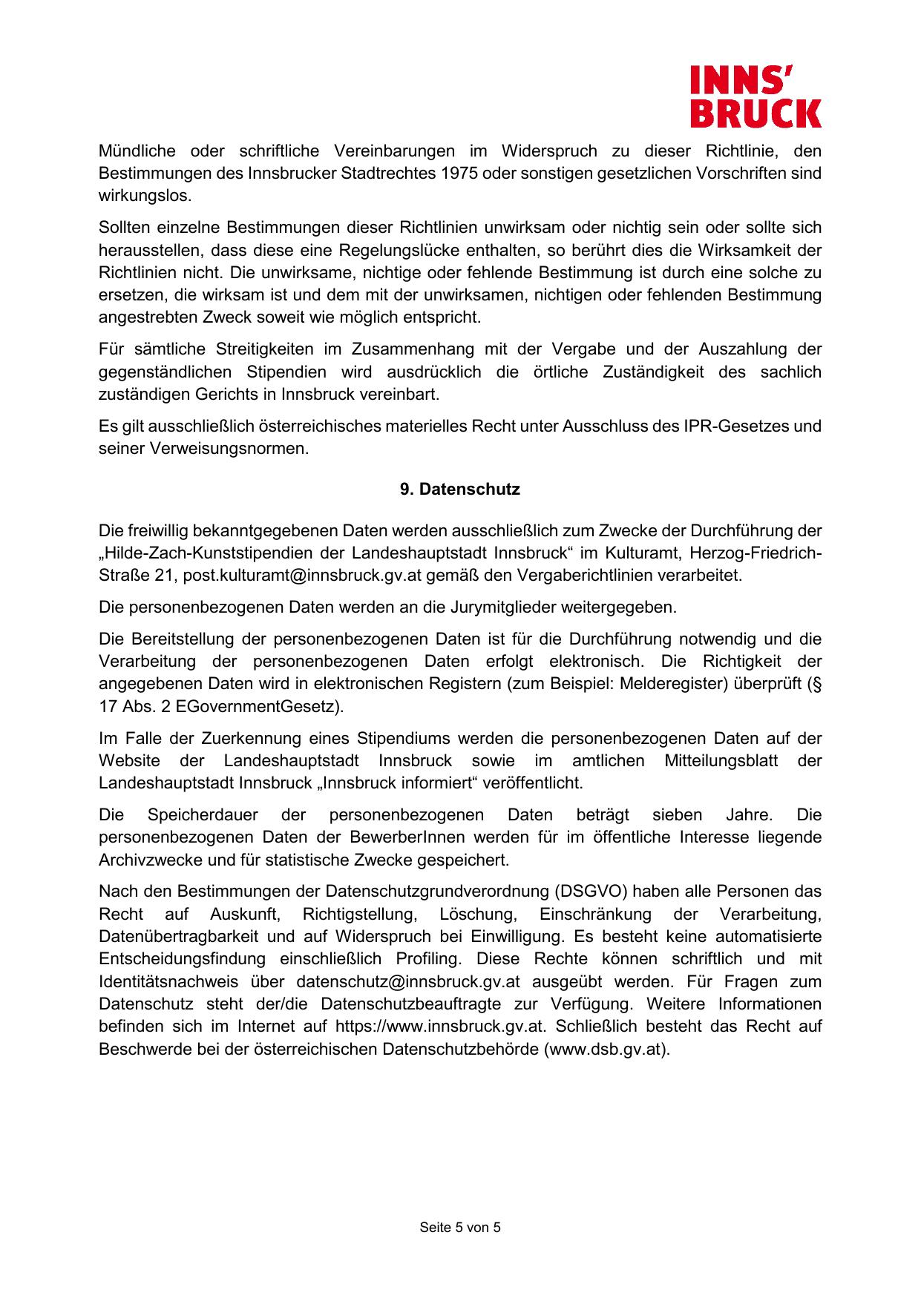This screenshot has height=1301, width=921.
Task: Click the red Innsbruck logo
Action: (x=756, y=96)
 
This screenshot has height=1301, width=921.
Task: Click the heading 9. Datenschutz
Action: (x=460, y=490)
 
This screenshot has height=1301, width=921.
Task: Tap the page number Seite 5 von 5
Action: (x=460, y=1228)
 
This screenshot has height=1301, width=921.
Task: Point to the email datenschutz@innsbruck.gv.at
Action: (x=407, y=981)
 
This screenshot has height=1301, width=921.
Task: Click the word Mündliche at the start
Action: (x=137, y=151)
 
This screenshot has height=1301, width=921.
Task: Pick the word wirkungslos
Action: (x=144, y=197)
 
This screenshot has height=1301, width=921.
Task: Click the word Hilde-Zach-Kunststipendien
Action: (x=212, y=553)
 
